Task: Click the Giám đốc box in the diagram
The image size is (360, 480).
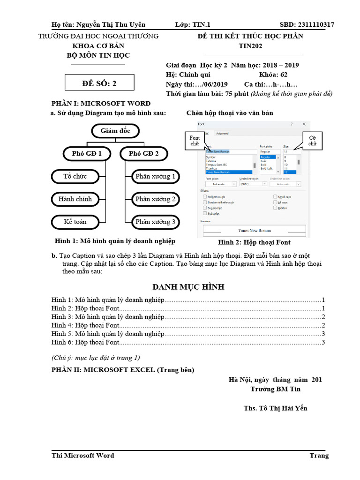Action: click(x=115, y=131)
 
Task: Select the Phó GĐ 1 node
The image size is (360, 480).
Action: click(x=87, y=153)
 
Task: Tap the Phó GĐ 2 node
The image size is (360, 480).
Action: click(x=143, y=153)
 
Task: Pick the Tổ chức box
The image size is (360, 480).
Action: click(x=75, y=177)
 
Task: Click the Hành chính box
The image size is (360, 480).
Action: click(x=75, y=199)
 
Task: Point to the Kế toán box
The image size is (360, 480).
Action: click(x=75, y=222)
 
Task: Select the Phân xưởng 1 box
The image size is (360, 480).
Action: click(x=155, y=177)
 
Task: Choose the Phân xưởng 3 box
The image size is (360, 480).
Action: click(x=155, y=222)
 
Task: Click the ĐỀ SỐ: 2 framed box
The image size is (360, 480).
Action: click(x=99, y=84)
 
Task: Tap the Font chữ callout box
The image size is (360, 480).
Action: click(x=195, y=141)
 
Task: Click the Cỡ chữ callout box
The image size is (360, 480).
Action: click(x=312, y=141)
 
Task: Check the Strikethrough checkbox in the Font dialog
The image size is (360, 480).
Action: click(x=205, y=197)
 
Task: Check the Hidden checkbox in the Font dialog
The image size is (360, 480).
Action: click(x=275, y=208)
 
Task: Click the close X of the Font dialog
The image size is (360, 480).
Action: click(x=304, y=124)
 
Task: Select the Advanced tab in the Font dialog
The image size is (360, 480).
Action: click(x=222, y=134)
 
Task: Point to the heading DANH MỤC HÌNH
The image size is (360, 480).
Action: click(x=188, y=287)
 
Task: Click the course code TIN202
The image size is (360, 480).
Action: click(x=250, y=46)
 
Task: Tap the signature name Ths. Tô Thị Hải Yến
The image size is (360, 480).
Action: click(x=276, y=408)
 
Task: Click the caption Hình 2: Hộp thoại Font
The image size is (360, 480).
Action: click(x=254, y=242)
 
